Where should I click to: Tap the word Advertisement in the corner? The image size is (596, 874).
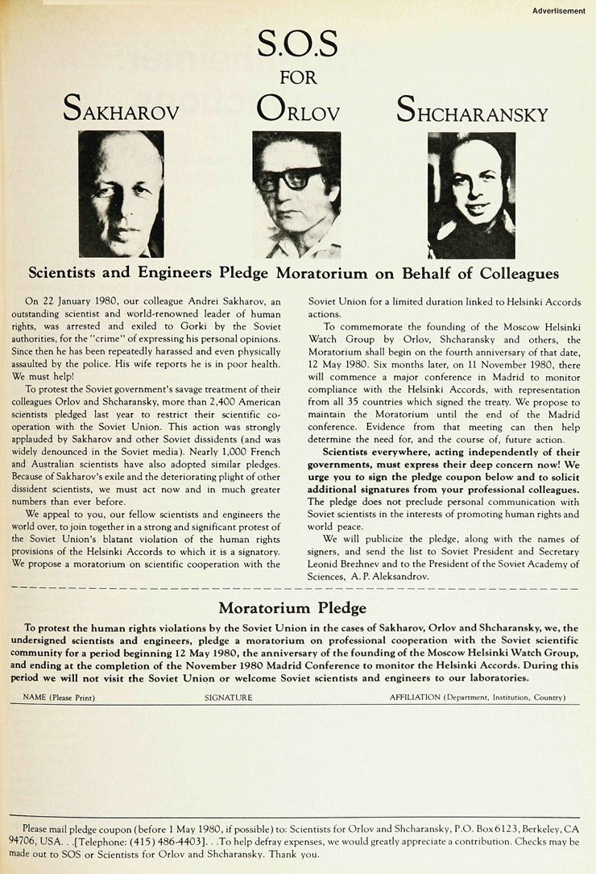pos(558,10)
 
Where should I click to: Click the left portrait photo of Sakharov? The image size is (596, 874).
pos(121,193)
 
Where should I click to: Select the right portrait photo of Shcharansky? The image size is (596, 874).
pos(471,195)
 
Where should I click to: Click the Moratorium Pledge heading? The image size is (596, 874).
pos(292,607)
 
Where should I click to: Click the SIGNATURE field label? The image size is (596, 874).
pos(228,698)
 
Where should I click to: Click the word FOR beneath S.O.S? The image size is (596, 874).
pos(298,78)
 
